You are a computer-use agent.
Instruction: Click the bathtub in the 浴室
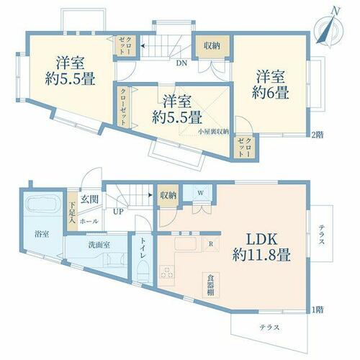click(x=43, y=204)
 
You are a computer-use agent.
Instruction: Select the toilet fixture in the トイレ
click(x=143, y=271)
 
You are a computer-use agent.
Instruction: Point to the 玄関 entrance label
click(x=89, y=199)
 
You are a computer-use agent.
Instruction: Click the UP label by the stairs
click(x=118, y=212)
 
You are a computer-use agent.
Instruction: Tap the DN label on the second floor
click(x=181, y=63)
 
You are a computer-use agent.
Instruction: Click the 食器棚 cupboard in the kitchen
click(x=211, y=285)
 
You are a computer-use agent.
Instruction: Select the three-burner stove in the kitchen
click(x=167, y=272)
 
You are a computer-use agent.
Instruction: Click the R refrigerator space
click(x=211, y=244)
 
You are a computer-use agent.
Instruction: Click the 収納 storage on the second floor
click(x=212, y=46)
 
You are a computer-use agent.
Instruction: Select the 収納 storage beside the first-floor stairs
click(x=168, y=196)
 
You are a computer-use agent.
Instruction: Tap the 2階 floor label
click(x=317, y=135)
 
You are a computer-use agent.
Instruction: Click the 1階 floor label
click(x=318, y=310)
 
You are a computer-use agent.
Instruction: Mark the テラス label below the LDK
click(x=270, y=328)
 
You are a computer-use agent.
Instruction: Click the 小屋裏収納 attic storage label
click(x=213, y=132)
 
